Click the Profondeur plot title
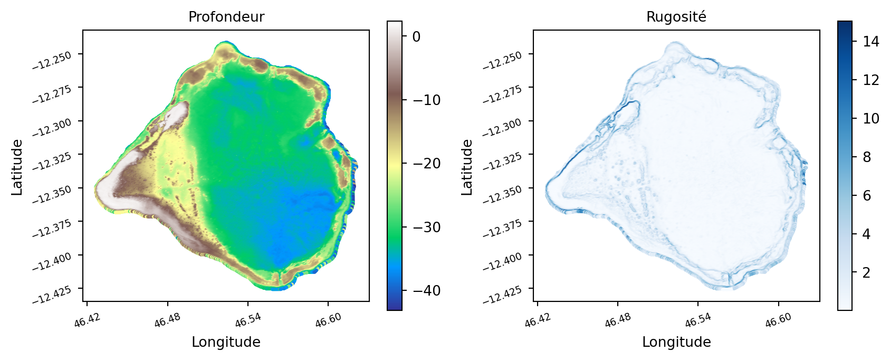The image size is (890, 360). click(x=226, y=17)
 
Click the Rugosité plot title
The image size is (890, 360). click(x=676, y=17)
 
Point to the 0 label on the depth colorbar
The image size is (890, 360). click(x=416, y=37)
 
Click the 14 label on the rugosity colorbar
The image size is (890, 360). click(x=871, y=41)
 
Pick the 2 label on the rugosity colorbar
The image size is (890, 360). click(x=867, y=272)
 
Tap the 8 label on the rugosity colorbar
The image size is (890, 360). click(x=867, y=157)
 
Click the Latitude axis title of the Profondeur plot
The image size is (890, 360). click(x=17, y=167)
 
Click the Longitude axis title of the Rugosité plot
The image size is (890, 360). click(x=677, y=342)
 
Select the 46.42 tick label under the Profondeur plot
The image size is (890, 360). click(x=87, y=319)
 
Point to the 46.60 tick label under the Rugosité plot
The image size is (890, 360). click(x=778, y=319)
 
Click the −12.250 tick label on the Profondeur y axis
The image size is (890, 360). click(x=52, y=61)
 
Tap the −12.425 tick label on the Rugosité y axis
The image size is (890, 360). click(x=502, y=295)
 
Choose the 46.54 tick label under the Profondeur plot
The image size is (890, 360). click(x=247, y=319)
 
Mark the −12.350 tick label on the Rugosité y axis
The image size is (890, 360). click(x=502, y=195)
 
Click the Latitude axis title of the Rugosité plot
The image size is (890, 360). click(x=467, y=167)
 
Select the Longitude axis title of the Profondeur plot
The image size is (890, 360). click(x=226, y=342)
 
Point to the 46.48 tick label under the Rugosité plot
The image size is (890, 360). click(x=618, y=319)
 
